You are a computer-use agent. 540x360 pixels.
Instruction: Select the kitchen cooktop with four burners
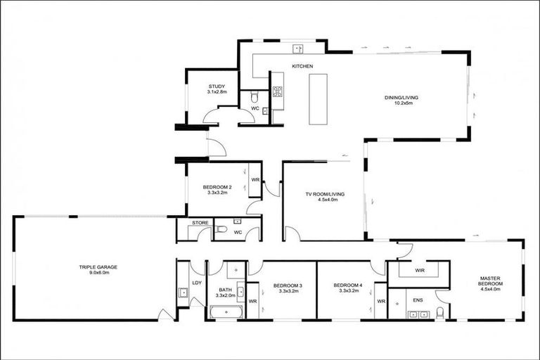[x=277, y=91]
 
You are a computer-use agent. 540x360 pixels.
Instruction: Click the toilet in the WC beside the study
[x=255, y=96]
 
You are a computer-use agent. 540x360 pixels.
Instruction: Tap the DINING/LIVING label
[x=403, y=97]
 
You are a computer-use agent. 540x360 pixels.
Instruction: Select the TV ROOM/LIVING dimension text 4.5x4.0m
[x=323, y=200]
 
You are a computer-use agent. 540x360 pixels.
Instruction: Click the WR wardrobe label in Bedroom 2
[x=255, y=180]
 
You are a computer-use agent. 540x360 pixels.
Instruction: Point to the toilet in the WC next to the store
[x=221, y=229]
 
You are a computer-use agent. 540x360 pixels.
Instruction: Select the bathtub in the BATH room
[x=226, y=311]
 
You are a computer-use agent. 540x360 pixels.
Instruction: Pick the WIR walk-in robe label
[x=419, y=269]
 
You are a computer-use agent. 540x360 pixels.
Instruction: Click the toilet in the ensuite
[x=440, y=311]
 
